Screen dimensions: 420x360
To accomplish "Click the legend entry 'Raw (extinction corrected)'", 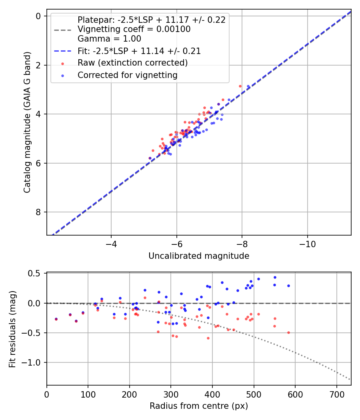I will coord(132,63).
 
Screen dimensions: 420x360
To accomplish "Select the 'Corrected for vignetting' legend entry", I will coord(127,75).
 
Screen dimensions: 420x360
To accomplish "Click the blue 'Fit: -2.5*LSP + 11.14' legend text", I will coord(139,51).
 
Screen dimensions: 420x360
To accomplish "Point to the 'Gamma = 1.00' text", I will coord(109,39).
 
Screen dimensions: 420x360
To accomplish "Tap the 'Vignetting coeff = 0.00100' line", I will coord(134,29).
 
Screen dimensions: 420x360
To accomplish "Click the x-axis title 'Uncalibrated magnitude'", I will coord(199,256).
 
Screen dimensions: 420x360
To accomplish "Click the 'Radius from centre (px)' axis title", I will coord(199,406).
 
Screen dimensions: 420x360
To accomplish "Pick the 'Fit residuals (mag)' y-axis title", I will coord(13,329).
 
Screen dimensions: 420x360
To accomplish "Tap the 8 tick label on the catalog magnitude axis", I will coord(38,212).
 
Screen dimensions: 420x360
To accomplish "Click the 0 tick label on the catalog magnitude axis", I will coord(38,16).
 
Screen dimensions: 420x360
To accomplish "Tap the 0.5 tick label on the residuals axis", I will coord(36,274).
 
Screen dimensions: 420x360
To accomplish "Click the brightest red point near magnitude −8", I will coord(240,86).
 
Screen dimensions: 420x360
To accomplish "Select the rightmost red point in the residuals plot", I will coord(288,332).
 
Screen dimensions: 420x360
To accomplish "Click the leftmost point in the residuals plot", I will coord(56,319).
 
